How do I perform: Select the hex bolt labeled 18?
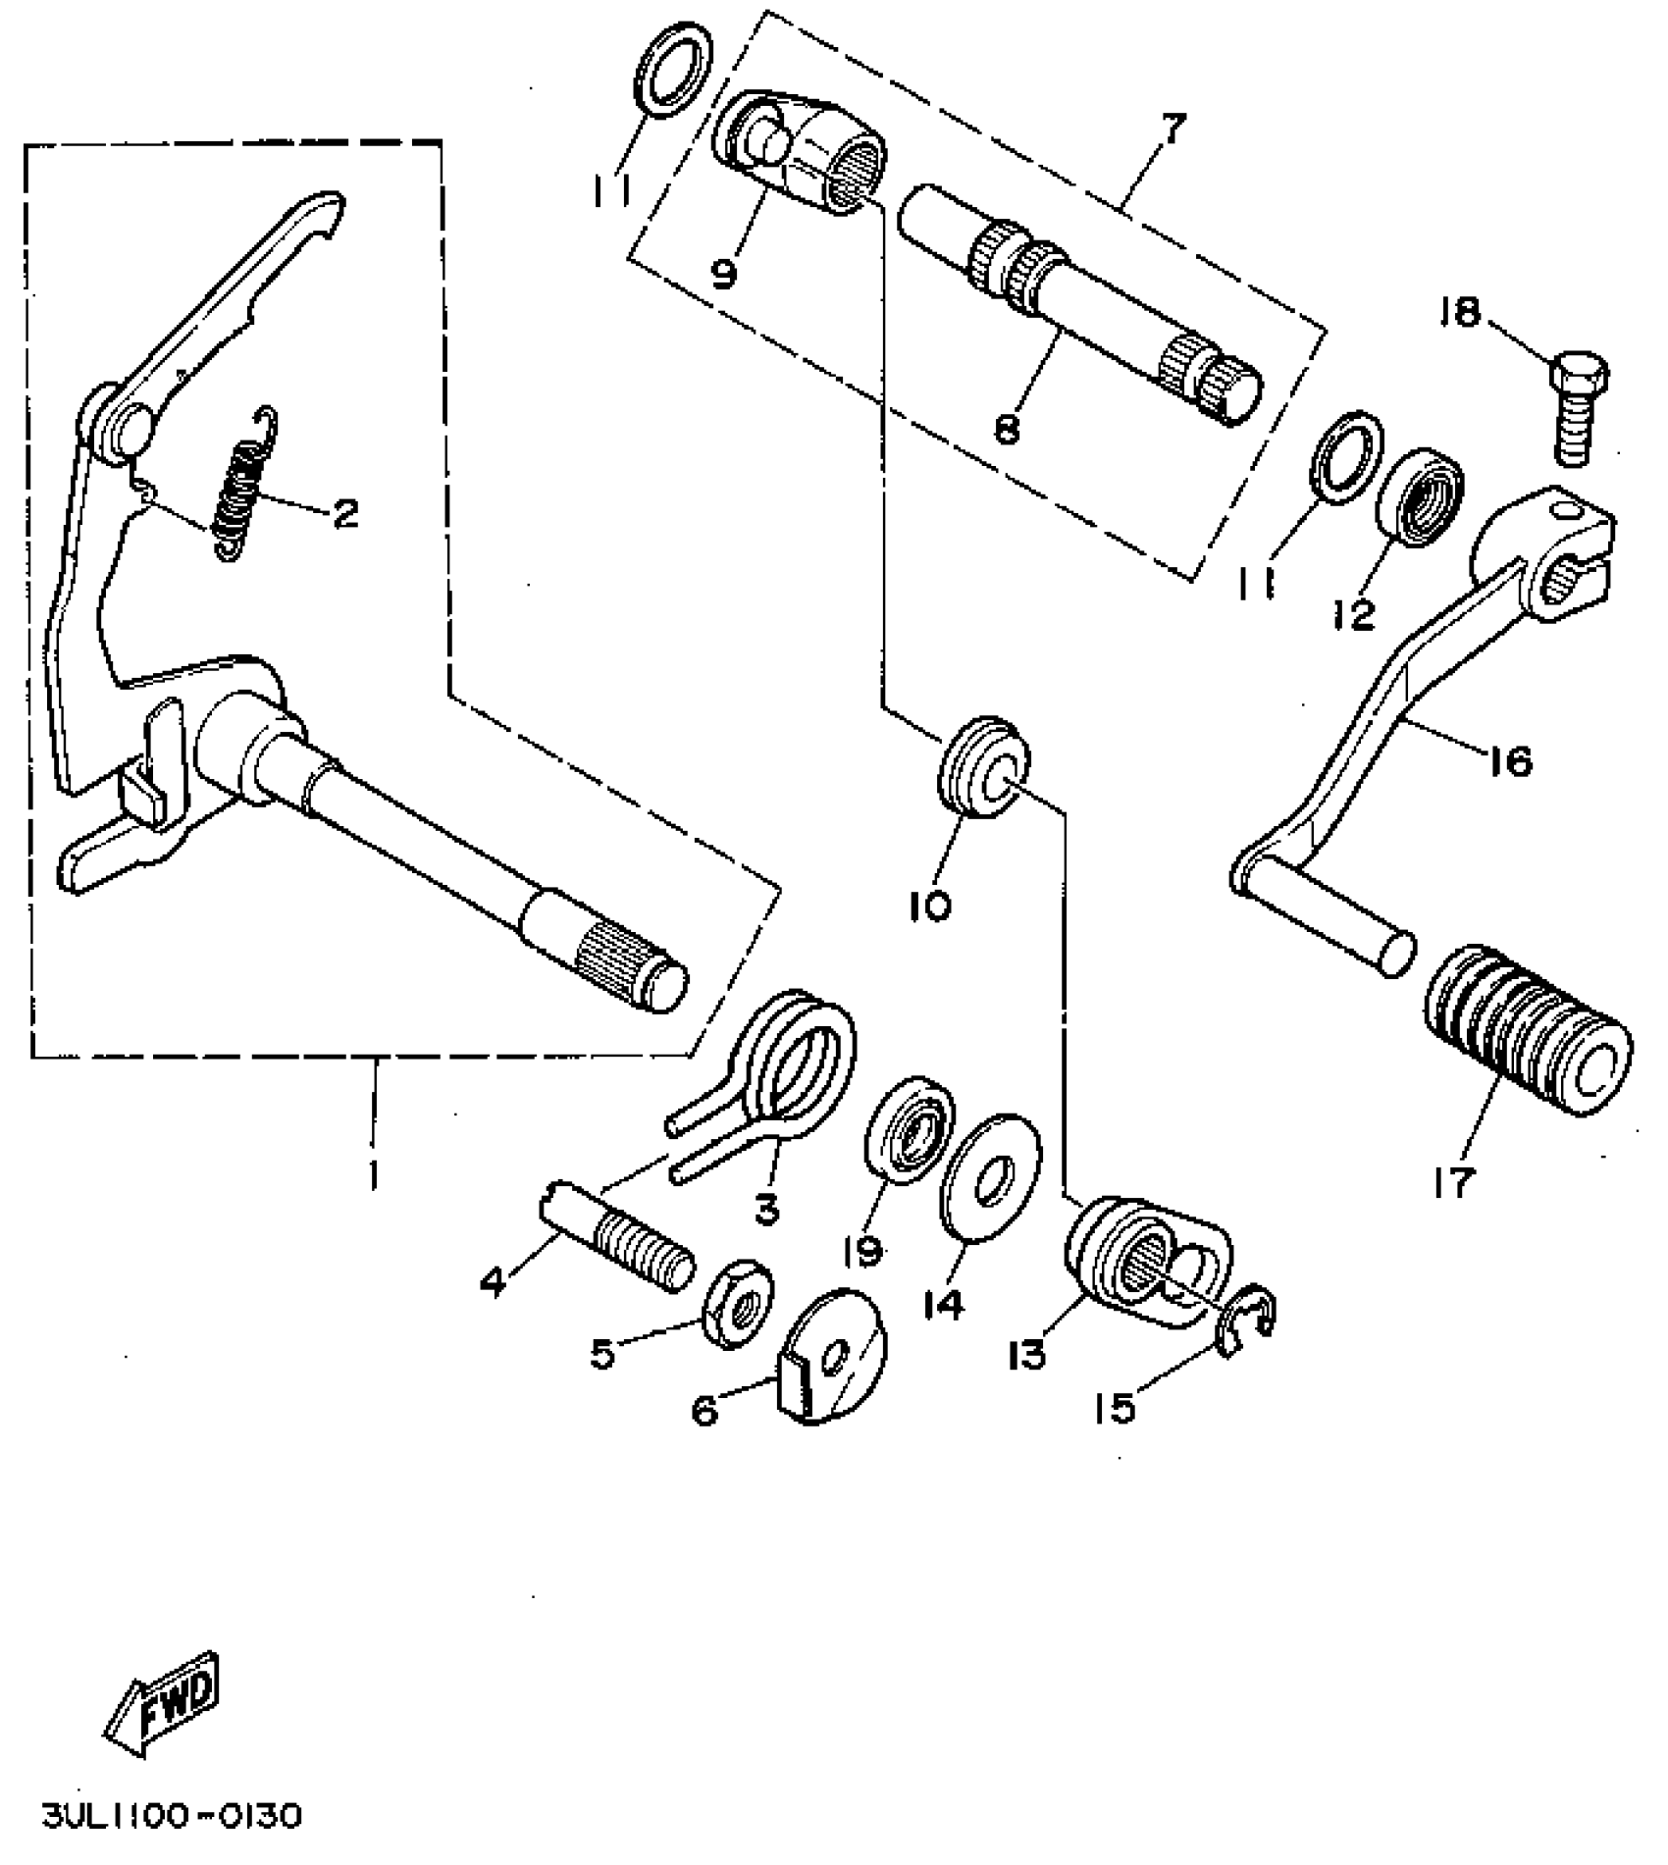tap(1580, 408)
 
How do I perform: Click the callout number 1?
tap(372, 1174)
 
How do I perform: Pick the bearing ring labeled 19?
tap(909, 1126)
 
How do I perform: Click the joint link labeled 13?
tap(1143, 1262)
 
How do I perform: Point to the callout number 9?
tap(723, 272)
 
